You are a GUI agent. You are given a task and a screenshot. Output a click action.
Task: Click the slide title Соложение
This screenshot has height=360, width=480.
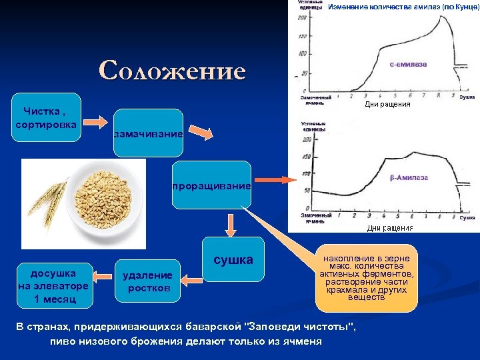coord(172,70)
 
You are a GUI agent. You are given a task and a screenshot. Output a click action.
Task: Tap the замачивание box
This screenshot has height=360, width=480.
coord(148,134)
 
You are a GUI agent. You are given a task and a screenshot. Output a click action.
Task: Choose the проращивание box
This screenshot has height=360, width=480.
coord(211,185)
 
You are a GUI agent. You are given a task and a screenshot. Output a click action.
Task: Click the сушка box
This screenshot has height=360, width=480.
coord(233,260)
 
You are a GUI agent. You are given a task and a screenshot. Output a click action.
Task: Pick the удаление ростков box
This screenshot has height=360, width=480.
coord(147,281)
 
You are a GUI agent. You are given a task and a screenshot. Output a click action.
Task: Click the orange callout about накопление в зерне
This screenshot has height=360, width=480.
coord(366,278)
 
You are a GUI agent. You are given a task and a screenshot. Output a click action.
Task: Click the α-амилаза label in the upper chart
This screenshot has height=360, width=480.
coord(408,65)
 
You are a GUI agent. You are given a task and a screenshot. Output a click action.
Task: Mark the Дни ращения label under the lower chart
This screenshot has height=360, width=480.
coord(390,228)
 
